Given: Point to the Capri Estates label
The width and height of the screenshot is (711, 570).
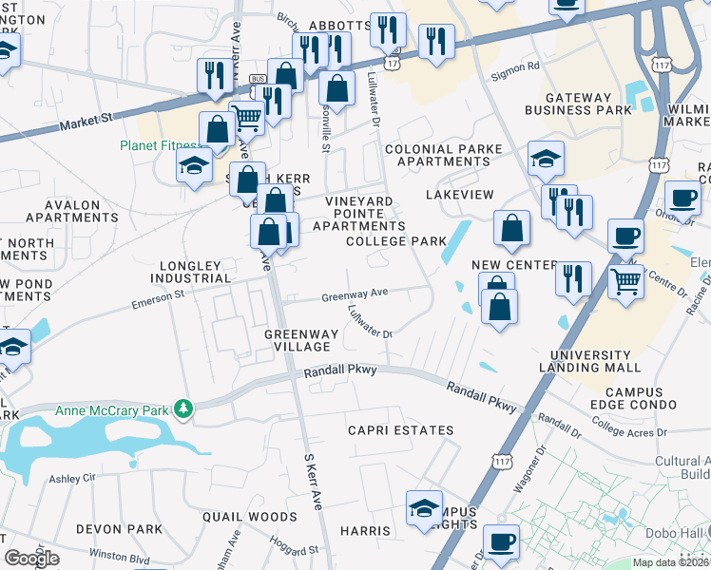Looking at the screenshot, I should click(355, 430).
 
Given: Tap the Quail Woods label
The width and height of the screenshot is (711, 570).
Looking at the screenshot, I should click(250, 517).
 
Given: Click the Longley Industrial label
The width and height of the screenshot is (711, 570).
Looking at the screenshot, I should click(190, 272).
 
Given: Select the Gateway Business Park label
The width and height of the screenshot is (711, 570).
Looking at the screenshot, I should click(587, 104).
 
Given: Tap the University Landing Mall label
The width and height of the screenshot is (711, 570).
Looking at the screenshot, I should click(589, 361).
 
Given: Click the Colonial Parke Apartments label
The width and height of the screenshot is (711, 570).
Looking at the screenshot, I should click(436, 156).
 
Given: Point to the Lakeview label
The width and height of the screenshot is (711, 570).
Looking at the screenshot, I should click(461, 194).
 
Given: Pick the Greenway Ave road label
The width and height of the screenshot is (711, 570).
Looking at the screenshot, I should click(355, 295).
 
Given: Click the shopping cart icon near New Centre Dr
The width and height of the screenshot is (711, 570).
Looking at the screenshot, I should click(625, 281).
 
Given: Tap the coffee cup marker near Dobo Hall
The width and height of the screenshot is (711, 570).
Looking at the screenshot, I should click(501, 542).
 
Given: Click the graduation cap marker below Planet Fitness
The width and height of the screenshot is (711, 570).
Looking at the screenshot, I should click(195, 165).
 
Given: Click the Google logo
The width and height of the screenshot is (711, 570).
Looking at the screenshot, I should click(32, 559).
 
